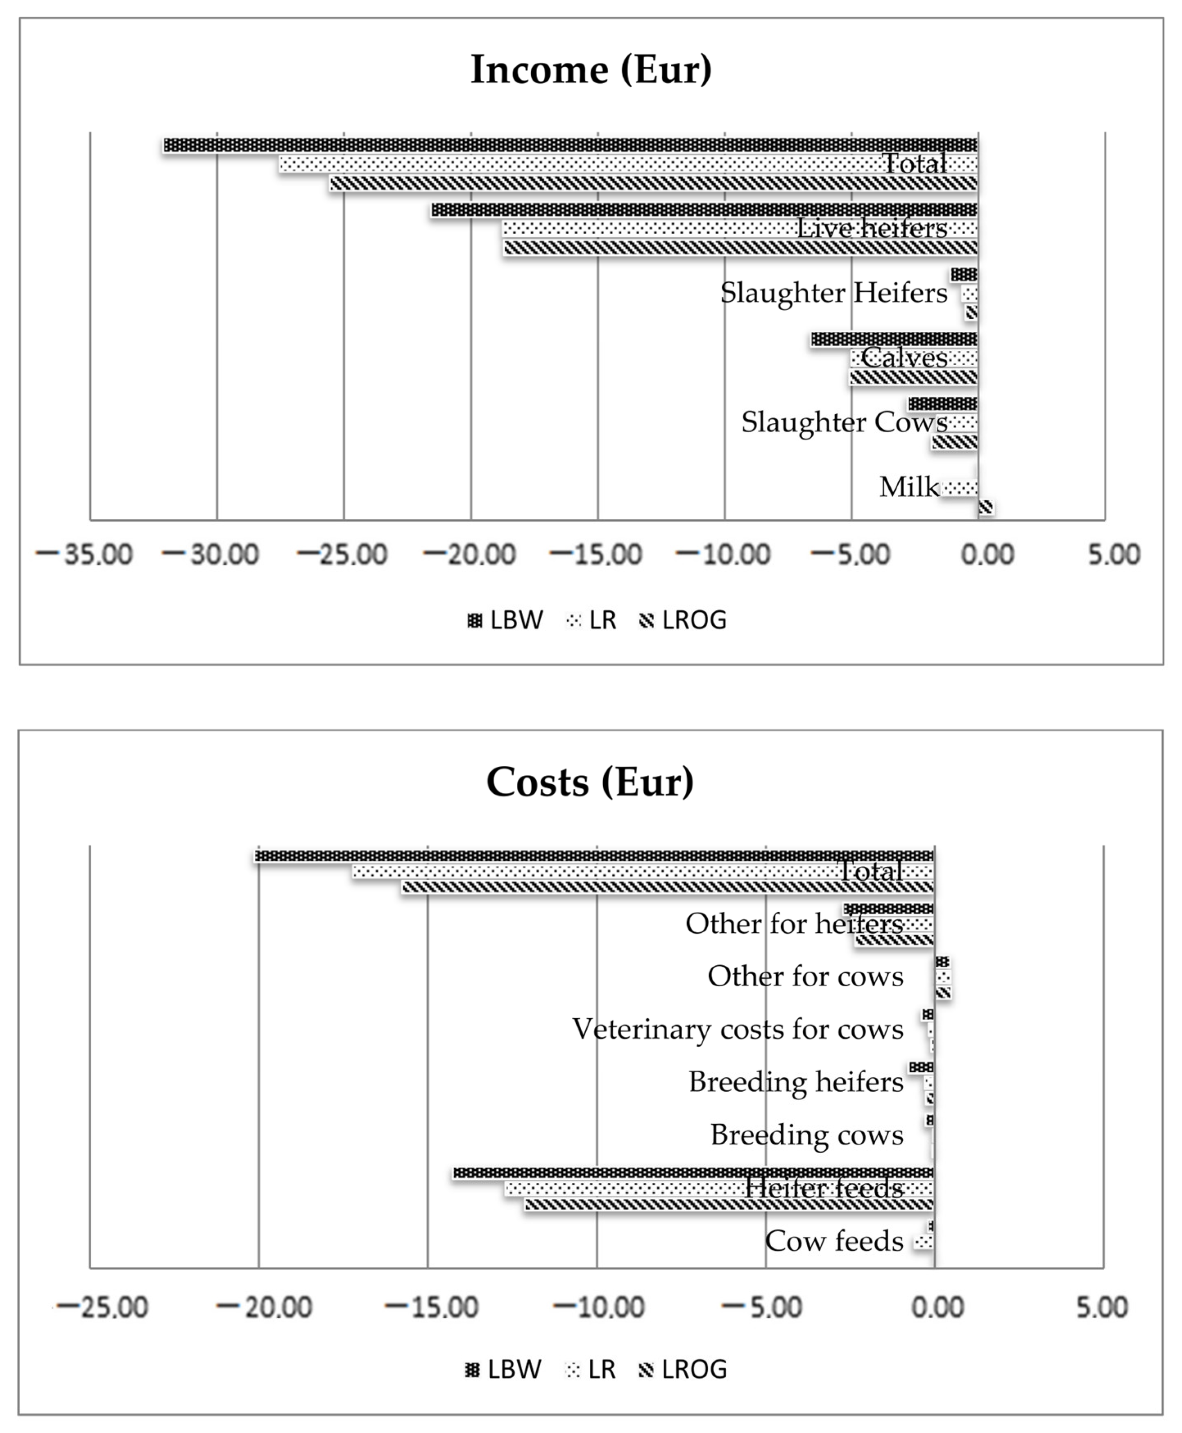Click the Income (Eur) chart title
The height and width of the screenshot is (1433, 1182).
coord(591,70)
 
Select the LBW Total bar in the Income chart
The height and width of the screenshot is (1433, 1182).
coord(571,145)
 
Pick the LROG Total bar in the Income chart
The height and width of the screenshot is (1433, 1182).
coord(654,182)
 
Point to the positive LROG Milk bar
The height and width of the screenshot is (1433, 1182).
coord(985,507)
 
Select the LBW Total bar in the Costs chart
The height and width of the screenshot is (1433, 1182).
coord(594,856)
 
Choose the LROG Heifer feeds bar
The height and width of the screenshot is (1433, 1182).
coord(729,1204)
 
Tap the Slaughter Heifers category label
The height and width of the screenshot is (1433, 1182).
coord(833,293)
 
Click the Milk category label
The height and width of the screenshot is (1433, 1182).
coord(909,487)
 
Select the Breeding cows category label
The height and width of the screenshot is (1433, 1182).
coord(807,1135)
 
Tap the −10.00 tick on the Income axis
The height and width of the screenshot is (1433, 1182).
coord(723,554)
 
